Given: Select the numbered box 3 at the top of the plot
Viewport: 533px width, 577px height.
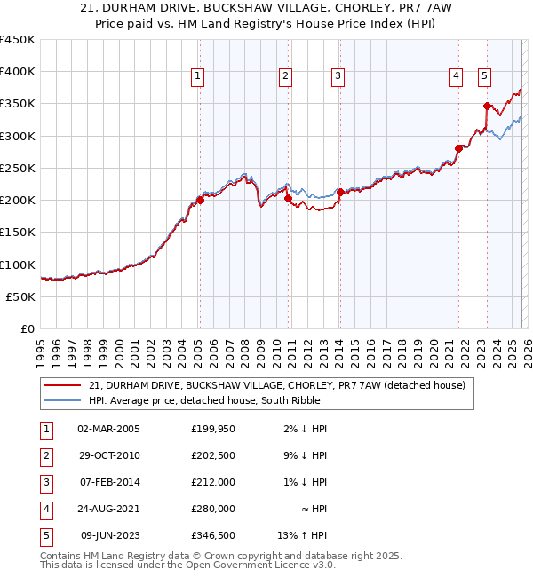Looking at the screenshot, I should tap(338, 77).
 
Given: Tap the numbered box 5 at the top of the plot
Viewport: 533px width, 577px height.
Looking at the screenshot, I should tap(484, 77).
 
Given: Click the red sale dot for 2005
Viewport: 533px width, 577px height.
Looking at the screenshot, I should tap(200, 200).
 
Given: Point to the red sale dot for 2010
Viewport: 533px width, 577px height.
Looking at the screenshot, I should tap(289, 199).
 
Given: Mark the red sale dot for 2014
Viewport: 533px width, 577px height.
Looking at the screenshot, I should tap(340, 192).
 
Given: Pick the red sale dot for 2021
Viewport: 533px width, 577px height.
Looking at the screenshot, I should tap(459, 148).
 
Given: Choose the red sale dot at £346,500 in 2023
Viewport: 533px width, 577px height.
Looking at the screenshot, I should tap(487, 106).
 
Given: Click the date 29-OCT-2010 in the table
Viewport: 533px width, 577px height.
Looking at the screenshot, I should tap(108, 455).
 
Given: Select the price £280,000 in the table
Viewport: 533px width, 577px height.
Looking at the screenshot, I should tap(212, 509).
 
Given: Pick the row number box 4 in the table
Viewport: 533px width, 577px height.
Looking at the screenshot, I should tap(46, 509).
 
